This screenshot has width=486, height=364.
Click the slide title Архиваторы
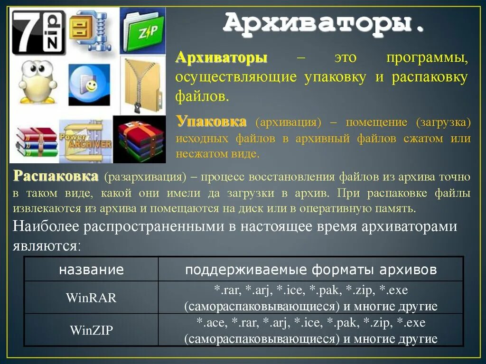pos(324,24)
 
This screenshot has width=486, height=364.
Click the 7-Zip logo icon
pos(37,32)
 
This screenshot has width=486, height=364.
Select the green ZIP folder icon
pos(143,31)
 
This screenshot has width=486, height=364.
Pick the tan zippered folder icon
pos(142,85)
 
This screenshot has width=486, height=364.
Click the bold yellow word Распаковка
pos(56,177)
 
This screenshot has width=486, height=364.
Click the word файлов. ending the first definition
pos(202,97)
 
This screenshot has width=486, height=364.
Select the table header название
pos(91,270)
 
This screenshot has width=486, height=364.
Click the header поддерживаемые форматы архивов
pos(311,270)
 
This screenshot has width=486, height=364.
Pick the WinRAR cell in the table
pos(91,298)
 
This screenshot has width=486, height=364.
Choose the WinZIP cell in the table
pos(91,330)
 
